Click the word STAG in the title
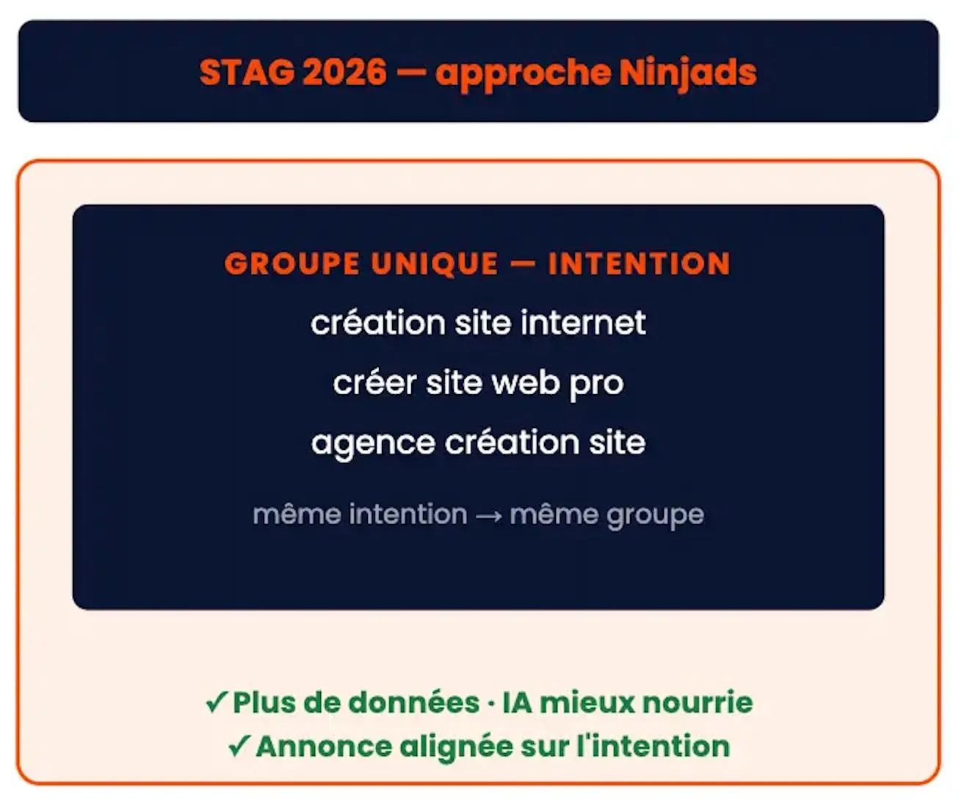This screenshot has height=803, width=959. (x=246, y=73)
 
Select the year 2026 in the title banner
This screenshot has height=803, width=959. (x=344, y=73)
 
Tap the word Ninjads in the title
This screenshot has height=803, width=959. (x=687, y=73)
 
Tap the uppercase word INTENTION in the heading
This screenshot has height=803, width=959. (x=639, y=264)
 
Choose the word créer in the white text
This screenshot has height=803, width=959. (x=374, y=382)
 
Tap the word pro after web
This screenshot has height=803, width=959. (x=596, y=384)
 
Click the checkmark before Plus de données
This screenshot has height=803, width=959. (x=217, y=702)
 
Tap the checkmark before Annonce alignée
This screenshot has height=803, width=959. (x=239, y=746)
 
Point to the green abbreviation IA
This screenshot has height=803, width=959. (x=517, y=702)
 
